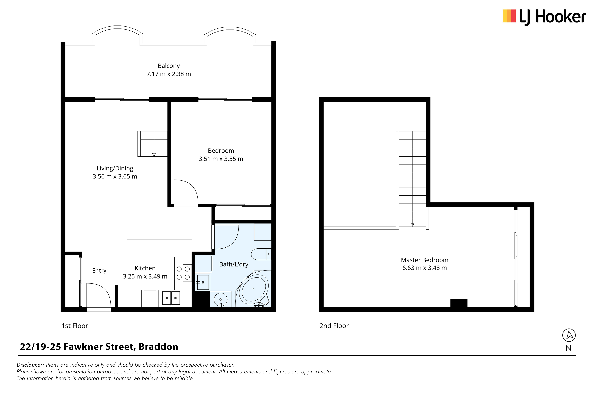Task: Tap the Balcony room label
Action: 169,66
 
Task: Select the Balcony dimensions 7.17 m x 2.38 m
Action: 169,74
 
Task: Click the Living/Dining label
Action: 115,168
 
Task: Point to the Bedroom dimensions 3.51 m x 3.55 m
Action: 221,159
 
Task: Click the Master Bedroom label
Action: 425,260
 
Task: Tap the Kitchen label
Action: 145,268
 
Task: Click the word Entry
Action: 99,271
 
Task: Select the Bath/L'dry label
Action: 234,264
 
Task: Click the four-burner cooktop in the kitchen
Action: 183,273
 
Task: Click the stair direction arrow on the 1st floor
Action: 154,155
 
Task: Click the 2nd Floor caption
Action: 334,326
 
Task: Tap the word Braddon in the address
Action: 158,347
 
